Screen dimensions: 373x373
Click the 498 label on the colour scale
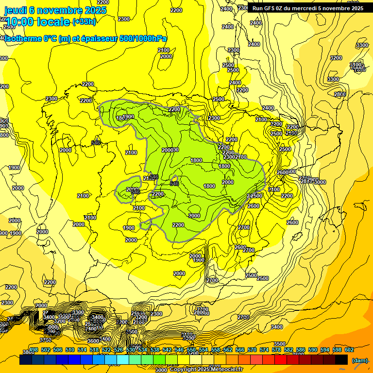pos(34,350)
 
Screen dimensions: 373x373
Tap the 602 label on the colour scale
pos(349,350)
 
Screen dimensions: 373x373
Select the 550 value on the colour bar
pos(191,350)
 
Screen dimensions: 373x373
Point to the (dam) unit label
pos(359,360)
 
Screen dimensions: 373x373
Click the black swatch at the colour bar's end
pos(341,359)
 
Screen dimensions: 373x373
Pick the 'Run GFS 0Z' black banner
pos(307,8)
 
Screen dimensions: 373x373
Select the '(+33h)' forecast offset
pos(84,21)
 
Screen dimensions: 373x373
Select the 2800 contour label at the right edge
pos(340,94)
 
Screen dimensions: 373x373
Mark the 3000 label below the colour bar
pos(161,370)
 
